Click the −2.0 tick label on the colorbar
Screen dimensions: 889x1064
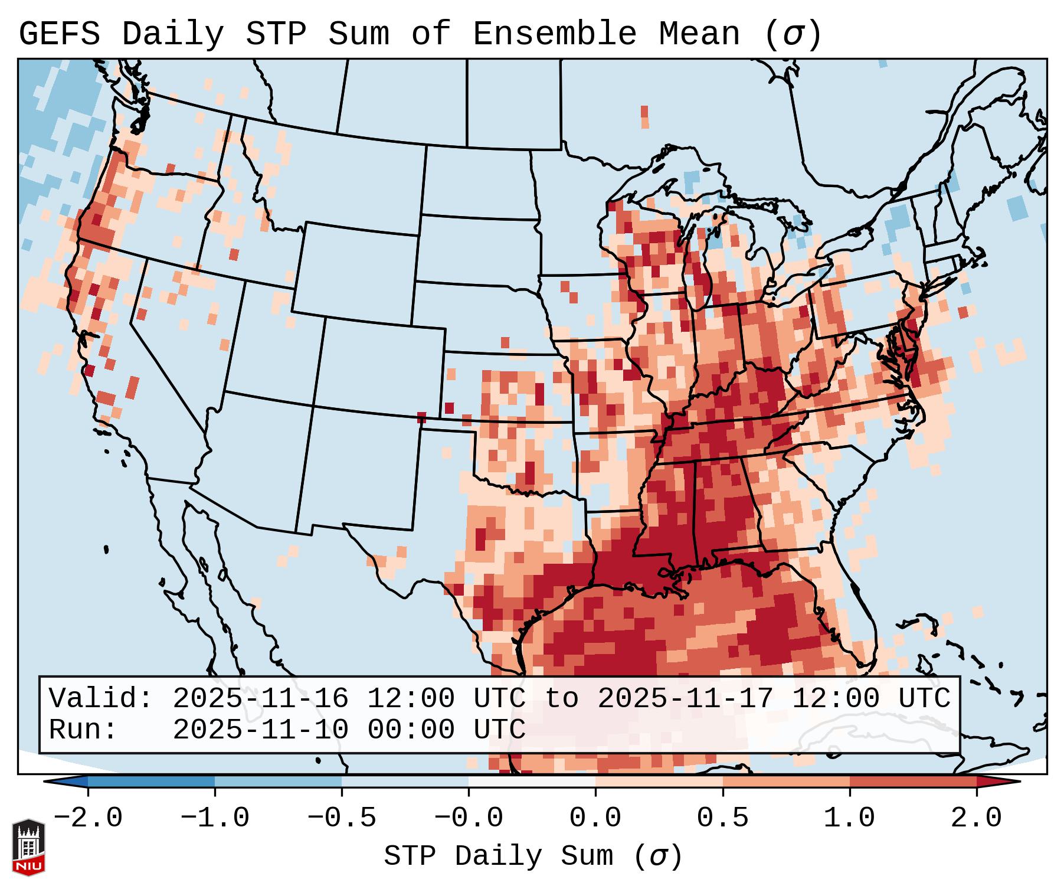point(88,818)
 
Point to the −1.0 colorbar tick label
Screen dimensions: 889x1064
point(215,818)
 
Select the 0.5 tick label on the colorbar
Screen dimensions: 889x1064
point(722,818)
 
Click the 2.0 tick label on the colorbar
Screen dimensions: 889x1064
point(976,818)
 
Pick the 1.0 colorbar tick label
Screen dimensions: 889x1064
point(849,818)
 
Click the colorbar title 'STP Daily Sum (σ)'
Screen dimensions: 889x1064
point(533,857)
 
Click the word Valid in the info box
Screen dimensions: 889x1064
point(100,698)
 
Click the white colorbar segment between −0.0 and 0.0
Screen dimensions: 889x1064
point(532,782)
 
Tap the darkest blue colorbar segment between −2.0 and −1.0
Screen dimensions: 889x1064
point(151,782)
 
